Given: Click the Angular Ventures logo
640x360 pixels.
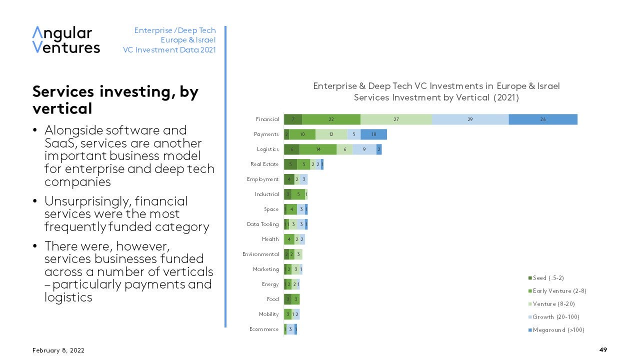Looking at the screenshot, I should (x=66, y=40).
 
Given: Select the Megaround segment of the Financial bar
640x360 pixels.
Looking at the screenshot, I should (x=543, y=119).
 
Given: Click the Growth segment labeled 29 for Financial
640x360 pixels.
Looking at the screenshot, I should (x=470, y=119).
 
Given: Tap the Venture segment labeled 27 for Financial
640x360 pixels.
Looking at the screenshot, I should (x=396, y=119).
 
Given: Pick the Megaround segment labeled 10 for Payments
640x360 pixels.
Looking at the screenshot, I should (x=373, y=134).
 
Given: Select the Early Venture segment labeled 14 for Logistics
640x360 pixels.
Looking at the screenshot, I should (x=318, y=149).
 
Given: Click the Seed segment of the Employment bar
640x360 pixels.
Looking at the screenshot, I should (x=289, y=179).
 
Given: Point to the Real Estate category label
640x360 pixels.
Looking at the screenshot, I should (x=264, y=164).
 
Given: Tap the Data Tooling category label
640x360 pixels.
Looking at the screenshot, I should (x=262, y=224).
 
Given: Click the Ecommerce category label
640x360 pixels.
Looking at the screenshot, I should (x=263, y=329).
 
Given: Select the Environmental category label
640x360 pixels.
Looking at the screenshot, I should (x=260, y=254).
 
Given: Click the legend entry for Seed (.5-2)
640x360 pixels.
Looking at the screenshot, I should (x=548, y=278).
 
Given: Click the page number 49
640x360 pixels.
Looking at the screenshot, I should (x=603, y=350).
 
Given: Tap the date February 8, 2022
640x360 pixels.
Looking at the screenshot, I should (x=58, y=350).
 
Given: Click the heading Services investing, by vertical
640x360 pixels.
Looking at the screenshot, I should (x=115, y=100).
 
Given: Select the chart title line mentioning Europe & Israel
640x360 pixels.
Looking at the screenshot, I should (x=436, y=86).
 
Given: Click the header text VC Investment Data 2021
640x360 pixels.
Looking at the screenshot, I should (x=169, y=50).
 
